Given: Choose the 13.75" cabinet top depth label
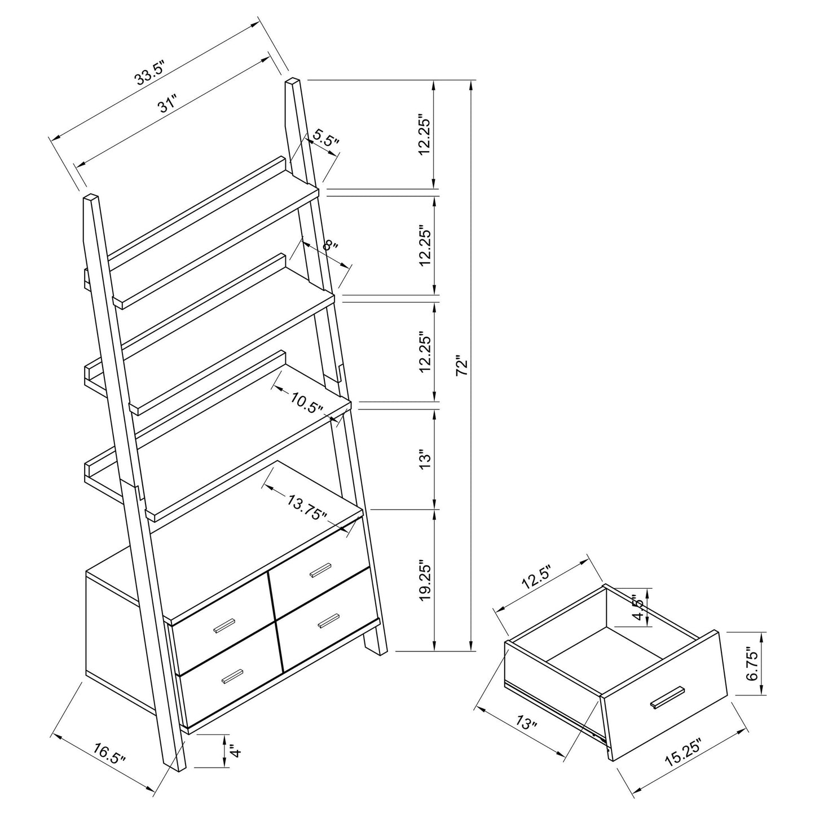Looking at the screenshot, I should [x=307, y=506].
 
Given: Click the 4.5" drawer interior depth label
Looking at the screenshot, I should [x=638, y=608].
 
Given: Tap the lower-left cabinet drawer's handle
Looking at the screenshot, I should [x=232, y=676].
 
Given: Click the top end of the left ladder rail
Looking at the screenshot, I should [x=91, y=198].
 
